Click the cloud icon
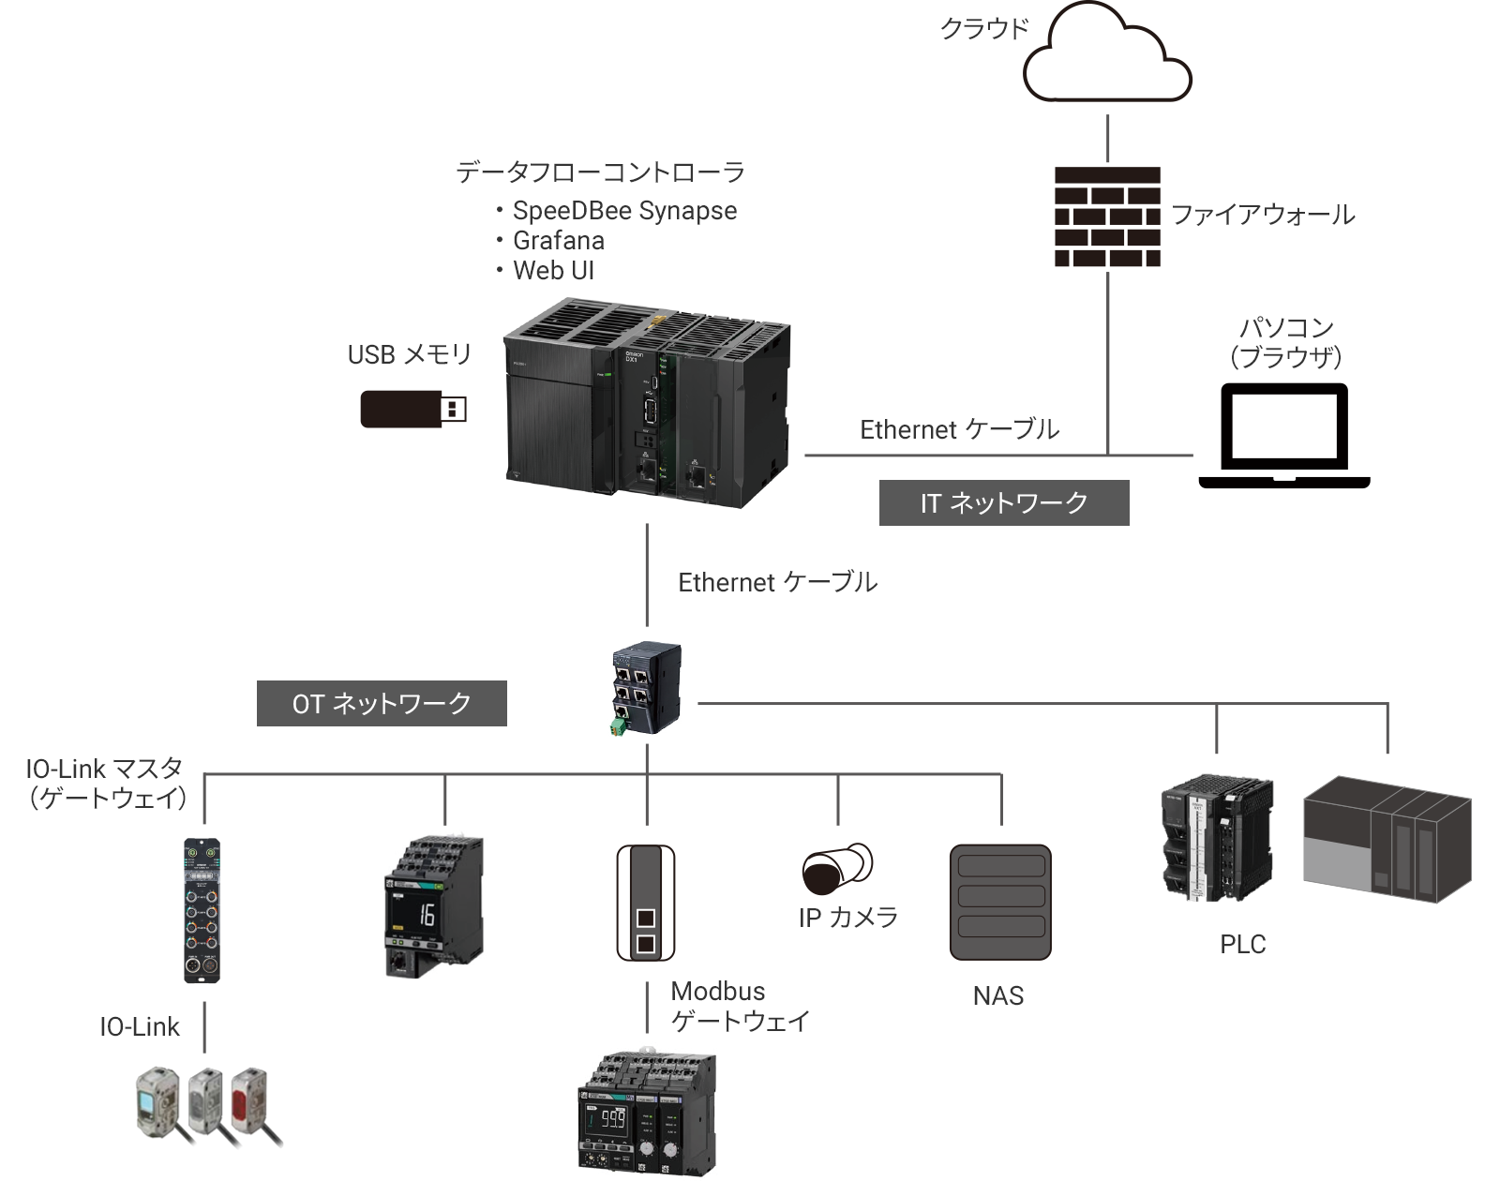1106,56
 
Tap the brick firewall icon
1107,217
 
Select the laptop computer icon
1284,436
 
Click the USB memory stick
412,409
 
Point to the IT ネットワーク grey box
1004,503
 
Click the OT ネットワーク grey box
382,703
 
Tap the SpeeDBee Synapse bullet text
624,211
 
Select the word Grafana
559,241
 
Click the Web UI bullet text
553,271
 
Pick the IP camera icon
837,868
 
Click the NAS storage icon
1000,903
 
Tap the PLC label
1242,945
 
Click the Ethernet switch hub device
646,689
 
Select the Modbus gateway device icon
646,903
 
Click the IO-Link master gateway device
202,909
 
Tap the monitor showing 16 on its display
434,907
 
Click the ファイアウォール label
1263,216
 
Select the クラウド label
984,29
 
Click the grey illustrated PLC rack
1387,839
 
